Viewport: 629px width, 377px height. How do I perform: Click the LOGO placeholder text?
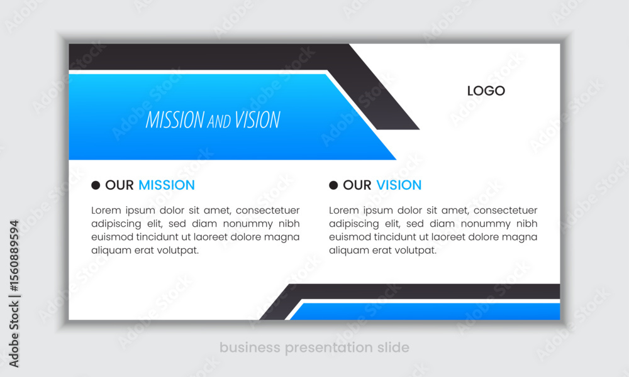point(486,91)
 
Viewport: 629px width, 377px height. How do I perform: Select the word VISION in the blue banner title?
point(257,120)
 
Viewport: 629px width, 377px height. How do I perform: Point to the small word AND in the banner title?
point(219,121)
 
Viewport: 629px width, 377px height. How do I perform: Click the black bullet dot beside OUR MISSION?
point(96,185)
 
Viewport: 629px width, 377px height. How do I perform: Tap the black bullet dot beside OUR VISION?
point(333,185)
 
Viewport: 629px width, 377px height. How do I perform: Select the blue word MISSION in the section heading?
point(167,185)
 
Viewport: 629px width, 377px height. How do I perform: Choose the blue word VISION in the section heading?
point(399,185)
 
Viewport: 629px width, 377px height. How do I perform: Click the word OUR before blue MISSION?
point(119,185)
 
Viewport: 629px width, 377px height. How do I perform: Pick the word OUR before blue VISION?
point(357,185)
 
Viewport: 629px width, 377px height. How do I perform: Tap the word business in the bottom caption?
point(250,347)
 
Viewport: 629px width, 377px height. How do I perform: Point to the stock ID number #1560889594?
point(14,256)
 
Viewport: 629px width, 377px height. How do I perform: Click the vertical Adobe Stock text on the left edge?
point(14,334)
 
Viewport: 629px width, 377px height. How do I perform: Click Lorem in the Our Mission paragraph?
point(106,210)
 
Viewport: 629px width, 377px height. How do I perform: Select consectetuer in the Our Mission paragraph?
point(267,210)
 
